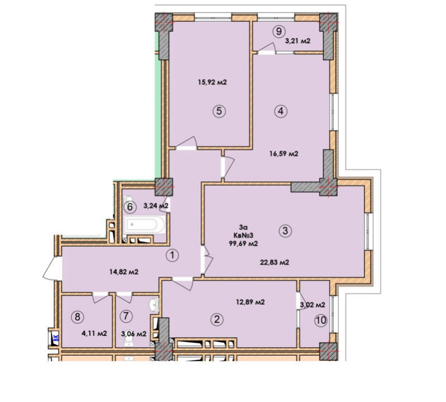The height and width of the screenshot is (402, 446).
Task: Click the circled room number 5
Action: [219, 111]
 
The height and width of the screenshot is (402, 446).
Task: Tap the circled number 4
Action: [281, 111]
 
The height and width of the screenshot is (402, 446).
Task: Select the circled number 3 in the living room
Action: [286, 231]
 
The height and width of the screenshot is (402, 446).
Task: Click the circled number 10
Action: [320, 320]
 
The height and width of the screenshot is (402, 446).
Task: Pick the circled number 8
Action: [78, 317]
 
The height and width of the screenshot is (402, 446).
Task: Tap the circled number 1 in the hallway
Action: [172, 255]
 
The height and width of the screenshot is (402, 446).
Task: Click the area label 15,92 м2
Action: [212, 83]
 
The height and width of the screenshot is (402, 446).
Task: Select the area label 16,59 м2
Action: [284, 154]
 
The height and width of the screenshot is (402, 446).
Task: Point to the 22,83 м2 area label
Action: [275, 262]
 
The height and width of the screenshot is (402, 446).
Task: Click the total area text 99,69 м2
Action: [243, 243]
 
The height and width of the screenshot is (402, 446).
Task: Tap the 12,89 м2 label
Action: [250, 302]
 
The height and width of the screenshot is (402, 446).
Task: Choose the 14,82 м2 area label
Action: [124, 272]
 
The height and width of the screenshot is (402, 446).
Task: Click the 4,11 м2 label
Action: [94, 333]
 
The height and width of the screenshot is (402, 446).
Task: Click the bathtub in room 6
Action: [144, 225]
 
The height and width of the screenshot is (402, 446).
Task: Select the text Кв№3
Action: [243, 235]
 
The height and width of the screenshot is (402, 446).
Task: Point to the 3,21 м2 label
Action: [298, 41]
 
